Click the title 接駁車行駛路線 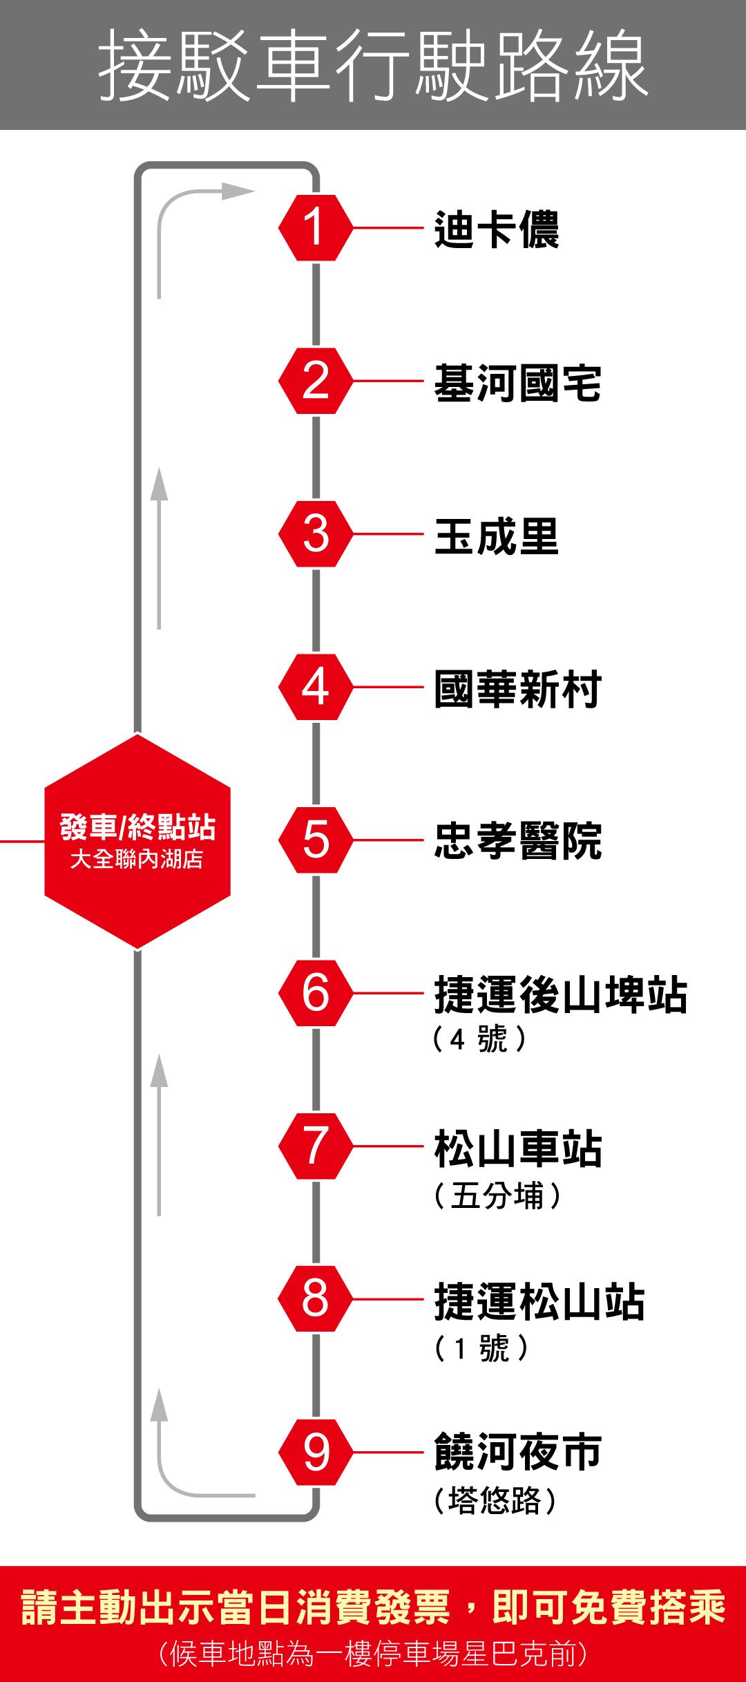point(373,66)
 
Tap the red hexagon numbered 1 point(316,227)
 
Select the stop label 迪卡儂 point(496,229)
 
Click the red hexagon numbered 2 point(316,381)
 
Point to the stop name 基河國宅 point(517,383)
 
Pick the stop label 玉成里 point(496,536)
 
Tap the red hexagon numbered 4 point(316,687)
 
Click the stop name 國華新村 point(517,689)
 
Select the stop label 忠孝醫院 point(517,841)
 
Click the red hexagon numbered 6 point(316,993)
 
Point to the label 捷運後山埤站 point(560,995)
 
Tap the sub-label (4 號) point(479,1039)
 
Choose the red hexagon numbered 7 point(316,1146)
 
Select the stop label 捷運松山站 point(539,1302)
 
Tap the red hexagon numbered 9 point(316,1452)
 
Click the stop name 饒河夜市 point(517,1452)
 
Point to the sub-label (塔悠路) point(495,1500)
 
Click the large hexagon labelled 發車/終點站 point(137,841)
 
